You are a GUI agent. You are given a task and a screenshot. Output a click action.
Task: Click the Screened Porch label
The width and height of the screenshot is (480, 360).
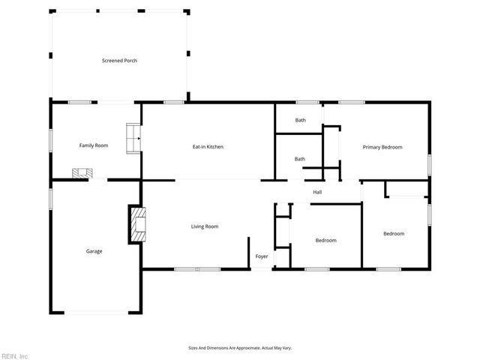[119, 61]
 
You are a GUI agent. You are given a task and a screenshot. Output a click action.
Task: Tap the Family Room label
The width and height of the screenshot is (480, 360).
[94, 145]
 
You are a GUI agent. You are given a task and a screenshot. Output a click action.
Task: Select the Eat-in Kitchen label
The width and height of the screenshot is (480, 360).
[208, 146]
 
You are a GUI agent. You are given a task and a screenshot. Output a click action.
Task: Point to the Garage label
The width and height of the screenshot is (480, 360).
[94, 251]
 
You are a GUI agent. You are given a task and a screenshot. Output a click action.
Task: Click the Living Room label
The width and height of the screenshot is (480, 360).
[205, 226]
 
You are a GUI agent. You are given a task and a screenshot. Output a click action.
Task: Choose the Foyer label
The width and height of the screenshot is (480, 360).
[261, 256]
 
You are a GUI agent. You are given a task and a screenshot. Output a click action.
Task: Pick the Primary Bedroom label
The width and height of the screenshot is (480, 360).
[382, 147]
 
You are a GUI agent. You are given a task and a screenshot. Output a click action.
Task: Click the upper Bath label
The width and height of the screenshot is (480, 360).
[300, 120]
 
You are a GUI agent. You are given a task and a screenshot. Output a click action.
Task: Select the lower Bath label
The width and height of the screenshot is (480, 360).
[300, 159]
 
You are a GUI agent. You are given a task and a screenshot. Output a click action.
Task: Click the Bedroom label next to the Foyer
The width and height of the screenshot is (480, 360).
[325, 241]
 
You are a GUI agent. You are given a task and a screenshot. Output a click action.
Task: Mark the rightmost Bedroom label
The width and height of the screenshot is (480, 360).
[394, 234]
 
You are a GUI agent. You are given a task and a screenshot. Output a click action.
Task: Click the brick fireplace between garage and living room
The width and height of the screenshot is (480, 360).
[136, 224]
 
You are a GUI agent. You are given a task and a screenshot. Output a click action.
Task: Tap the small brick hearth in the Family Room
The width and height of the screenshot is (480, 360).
[81, 173]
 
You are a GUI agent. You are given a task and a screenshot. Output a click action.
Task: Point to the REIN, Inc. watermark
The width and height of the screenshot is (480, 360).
[14, 355]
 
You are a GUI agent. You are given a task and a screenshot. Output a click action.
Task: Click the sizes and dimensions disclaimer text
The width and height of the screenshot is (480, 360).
[239, 348]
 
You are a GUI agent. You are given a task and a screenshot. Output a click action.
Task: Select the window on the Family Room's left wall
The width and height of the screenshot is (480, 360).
[51, 140]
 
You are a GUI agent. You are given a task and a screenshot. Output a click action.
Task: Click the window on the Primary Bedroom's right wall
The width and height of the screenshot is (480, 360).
[430, 164]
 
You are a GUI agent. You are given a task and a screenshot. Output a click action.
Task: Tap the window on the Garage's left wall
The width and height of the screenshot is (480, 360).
[51, 199]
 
